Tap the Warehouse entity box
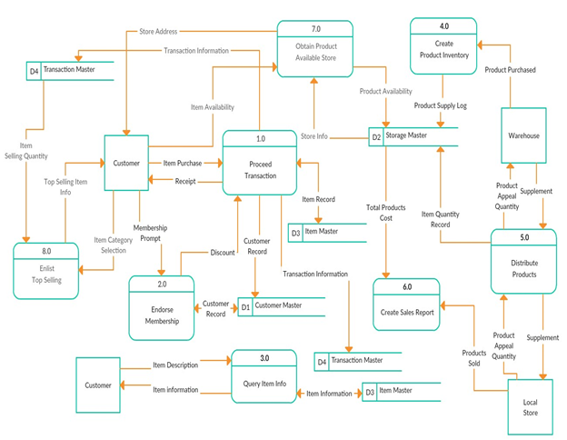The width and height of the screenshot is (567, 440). pos(523,135)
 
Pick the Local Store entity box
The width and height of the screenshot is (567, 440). pos(530,407)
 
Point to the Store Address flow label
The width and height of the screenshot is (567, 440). pos(158,31)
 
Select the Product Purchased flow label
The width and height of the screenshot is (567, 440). pos(510,69)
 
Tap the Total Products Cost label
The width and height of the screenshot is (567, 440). pos(386,213)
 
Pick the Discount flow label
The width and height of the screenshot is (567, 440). pos(222,253)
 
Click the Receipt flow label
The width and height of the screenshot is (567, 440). pos(184,181)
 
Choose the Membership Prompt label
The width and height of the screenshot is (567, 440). pos(150,233)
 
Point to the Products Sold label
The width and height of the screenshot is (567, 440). pos(473,358)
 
